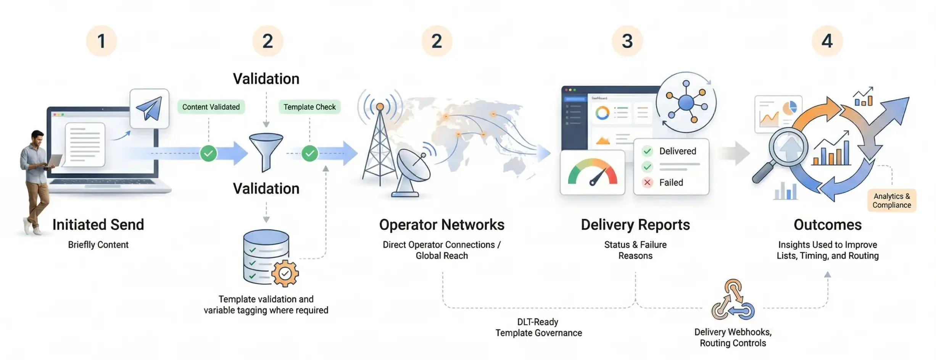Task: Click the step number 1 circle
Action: tap(101, 41)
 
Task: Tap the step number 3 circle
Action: tap(627, 41)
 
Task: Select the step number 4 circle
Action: tap(827, 41)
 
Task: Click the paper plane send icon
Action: tap(149, 108)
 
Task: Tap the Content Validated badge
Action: tap(211, 107)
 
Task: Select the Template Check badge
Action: tap(309, 107)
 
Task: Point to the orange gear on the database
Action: tap(285, 273)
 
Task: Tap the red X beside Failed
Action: tap(647, 182)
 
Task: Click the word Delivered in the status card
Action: tap(678, 151)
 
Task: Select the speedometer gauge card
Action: tap(593, 173)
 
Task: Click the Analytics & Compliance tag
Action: tap(892, 200)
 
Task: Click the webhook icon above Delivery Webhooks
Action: tap(733, 300)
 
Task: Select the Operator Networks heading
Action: tap(442, 224)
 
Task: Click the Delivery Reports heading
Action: tap(635, 225)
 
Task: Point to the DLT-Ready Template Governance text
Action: tap(538, 328)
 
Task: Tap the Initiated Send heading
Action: tap(98, 224)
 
